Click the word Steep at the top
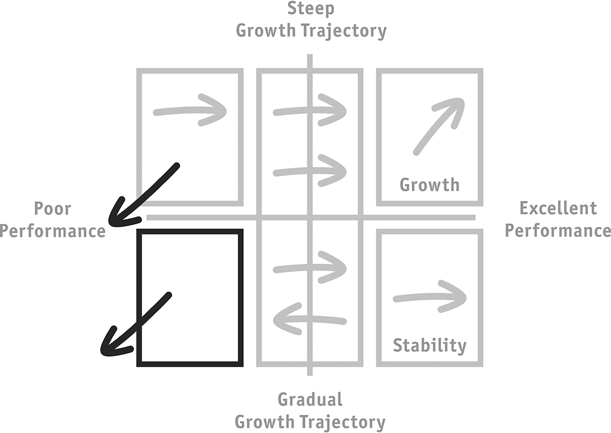tap(310, 9)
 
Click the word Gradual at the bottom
tap(310, 399)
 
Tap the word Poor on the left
tap(53, 208)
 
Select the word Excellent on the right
tap(558, 208)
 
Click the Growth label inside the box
tap(430, 185)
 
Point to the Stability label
tap(430, 345)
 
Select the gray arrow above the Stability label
tap(430, 297)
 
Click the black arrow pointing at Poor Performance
tap(143, 195)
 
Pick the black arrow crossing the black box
tap(136, 324)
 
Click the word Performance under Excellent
tap(558, 230)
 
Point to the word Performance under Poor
tap(53, 230)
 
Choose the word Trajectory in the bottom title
tap(342, 422)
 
